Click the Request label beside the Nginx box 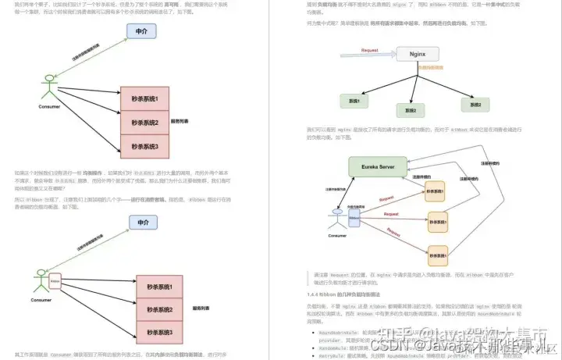click(x=370, y=50)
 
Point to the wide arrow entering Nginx click(x=367, y=55)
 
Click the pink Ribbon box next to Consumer click(x=55, y=279)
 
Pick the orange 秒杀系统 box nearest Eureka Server click(x=435, y=191)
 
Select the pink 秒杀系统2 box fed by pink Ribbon click(x=144, y=309)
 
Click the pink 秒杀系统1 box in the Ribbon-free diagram click(x=144, y=99)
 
